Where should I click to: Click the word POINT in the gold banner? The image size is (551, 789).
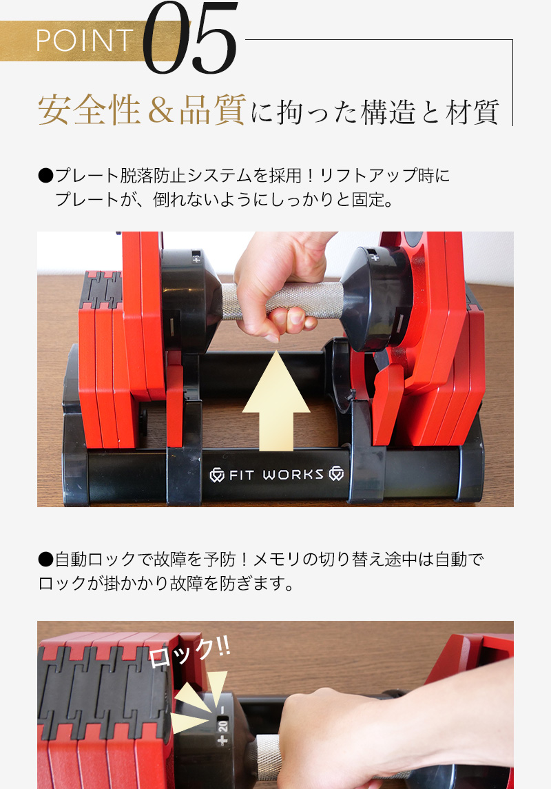(x=85, y=40)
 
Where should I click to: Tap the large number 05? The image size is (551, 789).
(x=190, y=38)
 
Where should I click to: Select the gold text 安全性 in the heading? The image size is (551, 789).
(x=90, y=110)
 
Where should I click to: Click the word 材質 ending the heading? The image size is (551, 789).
(x=472, y=112)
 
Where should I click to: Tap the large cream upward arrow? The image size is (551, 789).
(x=276, y=400)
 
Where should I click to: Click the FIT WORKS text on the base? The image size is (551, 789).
(x=276, y=475)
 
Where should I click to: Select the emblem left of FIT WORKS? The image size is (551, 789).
(x=217, y=475)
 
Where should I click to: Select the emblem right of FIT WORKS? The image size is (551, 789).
(x=336, y=474)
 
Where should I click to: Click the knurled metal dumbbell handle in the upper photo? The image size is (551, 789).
(x=282, y=300)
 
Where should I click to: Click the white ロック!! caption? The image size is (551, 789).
(x=189, y=652)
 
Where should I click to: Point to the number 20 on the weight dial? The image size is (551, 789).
(x=223, y=726)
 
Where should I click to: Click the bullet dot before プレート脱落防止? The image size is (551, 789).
(x=45, y=176)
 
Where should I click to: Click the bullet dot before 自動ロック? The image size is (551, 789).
(x=45, y=559)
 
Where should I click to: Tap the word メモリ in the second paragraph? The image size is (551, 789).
(x=278, y=559)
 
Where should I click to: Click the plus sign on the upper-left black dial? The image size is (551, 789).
(x=196, y=260)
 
